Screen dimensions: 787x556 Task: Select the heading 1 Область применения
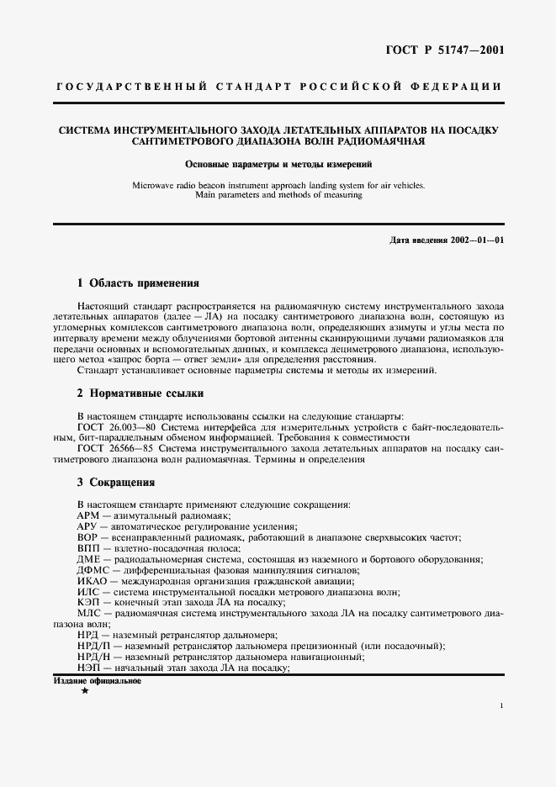click(x=138, y=283)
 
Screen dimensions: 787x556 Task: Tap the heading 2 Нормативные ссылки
click(x=140, y=393)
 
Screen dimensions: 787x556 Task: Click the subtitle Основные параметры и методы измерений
click(x=278, y=165)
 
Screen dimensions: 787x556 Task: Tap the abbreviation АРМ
click(x=88, y=515)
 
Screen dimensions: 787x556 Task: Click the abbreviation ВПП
click(x=88, y=547)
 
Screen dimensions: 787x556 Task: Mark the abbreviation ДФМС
click(x=93, y=570)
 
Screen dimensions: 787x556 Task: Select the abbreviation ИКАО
click(x=92, y=581)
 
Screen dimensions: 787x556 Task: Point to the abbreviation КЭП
click(x=88, y=603)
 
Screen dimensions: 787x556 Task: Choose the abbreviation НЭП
click(x=88, y=668)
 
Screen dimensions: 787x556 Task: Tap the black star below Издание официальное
click(x=84, y=690)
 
